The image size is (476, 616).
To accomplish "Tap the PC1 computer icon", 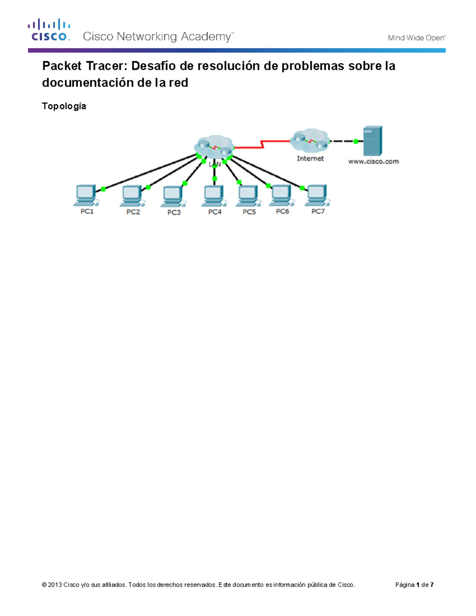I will click(86, 195).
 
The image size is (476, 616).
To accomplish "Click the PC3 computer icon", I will click(173, 196).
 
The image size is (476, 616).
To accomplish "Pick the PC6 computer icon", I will click(282, 196).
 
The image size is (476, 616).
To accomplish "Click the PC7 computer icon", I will click(317, 196).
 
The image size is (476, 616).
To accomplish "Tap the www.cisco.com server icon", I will click(373, 141).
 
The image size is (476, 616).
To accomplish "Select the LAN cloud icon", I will click(214, 147).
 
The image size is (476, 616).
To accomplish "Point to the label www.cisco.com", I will click(373, 161).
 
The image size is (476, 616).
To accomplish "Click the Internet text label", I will click(310, 158).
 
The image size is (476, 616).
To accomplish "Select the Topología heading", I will click(64, 106).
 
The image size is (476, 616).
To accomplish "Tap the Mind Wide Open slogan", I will click(416, 38).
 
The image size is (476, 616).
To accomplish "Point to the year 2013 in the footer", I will click(55, 585).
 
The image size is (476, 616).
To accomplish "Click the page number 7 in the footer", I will click(432, 585).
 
